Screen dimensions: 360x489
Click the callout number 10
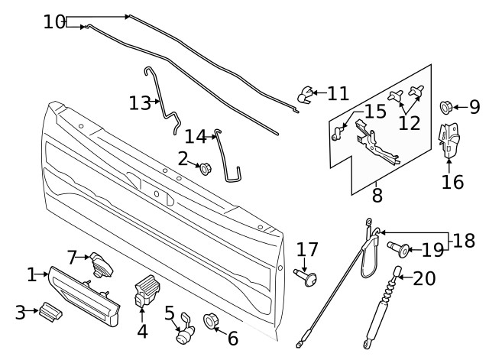[53, 21]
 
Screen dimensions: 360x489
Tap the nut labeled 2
[204, 167]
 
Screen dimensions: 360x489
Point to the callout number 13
[140, 102]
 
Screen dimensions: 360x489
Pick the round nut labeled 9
[446, 106]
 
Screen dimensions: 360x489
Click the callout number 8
[377, 196]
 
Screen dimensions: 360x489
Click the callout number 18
[464, 241]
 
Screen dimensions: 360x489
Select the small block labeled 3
[50, 310]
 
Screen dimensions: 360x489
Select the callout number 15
[374, 112]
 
